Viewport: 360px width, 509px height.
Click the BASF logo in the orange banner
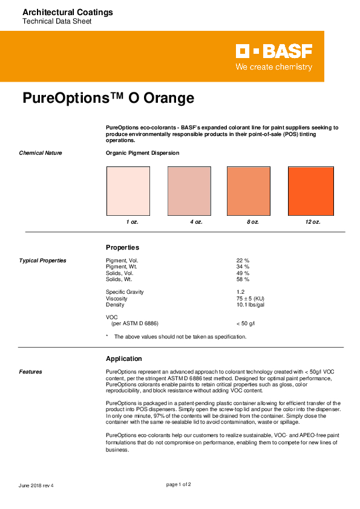(273, 51)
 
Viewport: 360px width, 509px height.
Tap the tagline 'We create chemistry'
(273, 67)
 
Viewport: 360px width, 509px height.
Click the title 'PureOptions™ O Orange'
(108, 98)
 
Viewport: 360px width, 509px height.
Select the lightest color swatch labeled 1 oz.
(128, 190)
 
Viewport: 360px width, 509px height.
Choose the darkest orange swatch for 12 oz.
(311, 190)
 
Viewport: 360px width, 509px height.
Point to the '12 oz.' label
(312, 222)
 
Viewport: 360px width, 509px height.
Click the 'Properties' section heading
(122, 247)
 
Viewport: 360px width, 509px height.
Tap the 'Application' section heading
(123, 358)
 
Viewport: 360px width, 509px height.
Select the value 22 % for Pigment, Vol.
(243, 261)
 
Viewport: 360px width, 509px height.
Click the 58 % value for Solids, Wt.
(243, 279)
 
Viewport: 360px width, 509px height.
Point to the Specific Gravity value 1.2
(240, 292)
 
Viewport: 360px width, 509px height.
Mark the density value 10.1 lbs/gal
(250, 305)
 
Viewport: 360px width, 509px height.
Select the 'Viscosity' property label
(116, 299)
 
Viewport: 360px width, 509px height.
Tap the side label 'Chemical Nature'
(41, 153)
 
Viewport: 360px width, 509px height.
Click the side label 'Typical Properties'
(42, 261)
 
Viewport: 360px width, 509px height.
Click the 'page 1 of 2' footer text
(179, 484)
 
